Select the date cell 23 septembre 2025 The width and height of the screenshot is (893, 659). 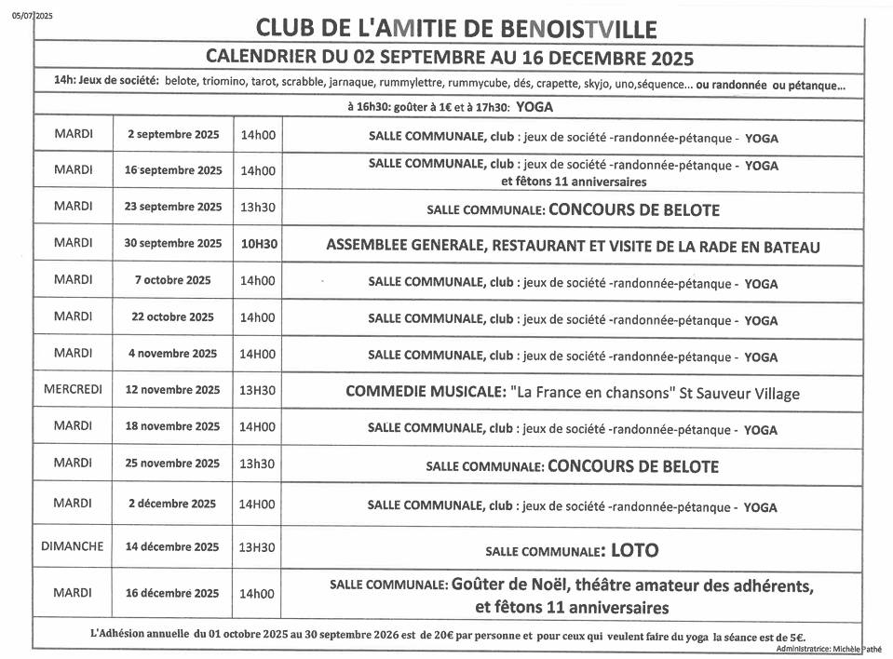[173, 207]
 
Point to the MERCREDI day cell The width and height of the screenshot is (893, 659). [73, 389]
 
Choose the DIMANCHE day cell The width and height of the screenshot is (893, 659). [73, 546]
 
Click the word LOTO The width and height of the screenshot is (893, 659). [633, 550]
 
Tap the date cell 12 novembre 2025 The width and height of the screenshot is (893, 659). [173, 390]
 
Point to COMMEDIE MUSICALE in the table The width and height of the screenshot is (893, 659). [426, 393]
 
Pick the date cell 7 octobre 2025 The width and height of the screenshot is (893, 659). [173, 280]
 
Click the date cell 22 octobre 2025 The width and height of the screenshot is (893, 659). [173, 316]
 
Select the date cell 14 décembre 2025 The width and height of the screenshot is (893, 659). [173, 547]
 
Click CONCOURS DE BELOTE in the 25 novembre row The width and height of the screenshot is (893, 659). [633, 465]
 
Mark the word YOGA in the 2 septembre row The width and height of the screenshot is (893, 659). [761, 138]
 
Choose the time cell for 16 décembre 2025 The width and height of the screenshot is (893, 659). [258, 594]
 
